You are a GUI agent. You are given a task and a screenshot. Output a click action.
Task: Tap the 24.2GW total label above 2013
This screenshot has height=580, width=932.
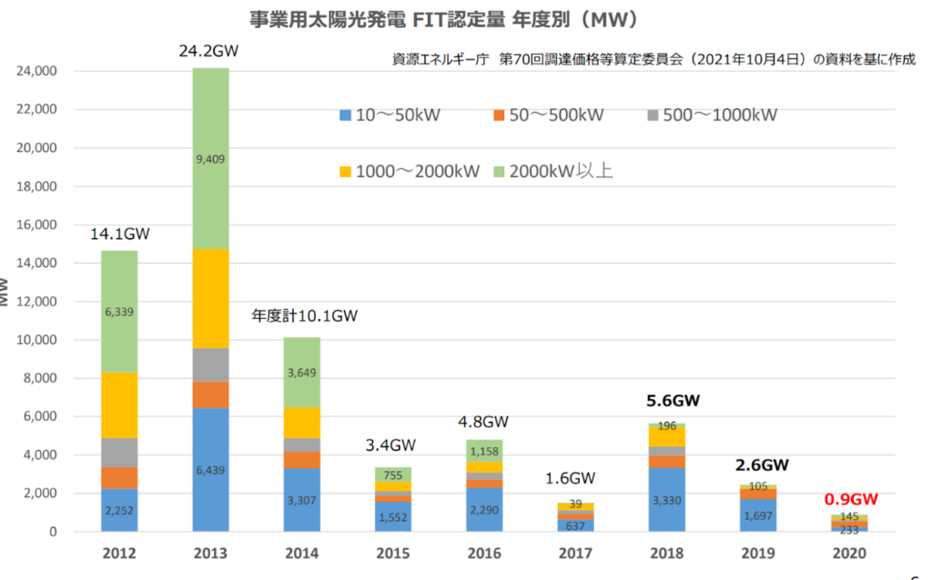(x=210, y=52)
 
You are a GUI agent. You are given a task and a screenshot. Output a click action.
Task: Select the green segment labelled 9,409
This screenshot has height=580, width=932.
(x=210, y=158)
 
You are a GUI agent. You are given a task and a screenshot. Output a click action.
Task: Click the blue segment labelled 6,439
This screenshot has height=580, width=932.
(x=210, y=470)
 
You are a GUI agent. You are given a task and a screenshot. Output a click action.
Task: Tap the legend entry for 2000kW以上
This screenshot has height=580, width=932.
(x=552, y=170)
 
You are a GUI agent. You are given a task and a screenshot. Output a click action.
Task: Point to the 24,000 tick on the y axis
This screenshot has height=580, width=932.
(x=37, y=71)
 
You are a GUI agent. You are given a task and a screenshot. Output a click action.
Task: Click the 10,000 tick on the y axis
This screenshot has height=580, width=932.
(x=37, y=340)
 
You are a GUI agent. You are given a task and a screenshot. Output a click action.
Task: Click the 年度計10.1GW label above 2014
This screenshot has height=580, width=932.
(x=305, y=317)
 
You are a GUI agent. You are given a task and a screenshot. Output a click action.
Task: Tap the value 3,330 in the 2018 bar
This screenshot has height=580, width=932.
(x=666, y=499)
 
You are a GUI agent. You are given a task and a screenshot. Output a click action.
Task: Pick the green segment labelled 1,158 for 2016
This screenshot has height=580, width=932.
(x=484, y=451)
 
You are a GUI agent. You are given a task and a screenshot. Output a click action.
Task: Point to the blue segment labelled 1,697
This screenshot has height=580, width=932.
(x=757, y=515)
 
